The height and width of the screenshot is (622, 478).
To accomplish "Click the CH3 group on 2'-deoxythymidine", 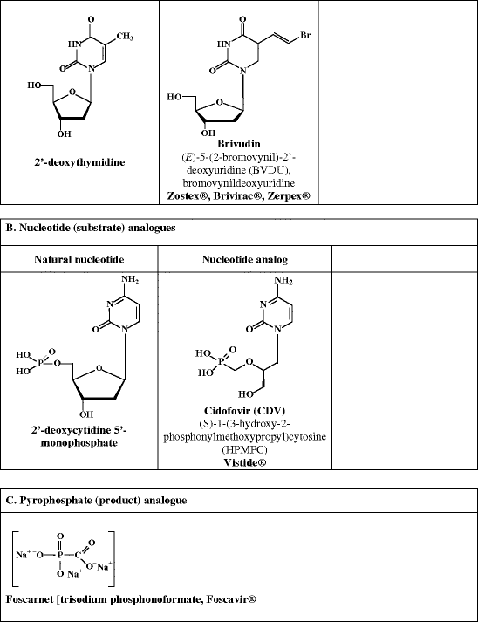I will (x=126, y=37).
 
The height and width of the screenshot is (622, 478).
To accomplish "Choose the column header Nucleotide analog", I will (x=238, y=259).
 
